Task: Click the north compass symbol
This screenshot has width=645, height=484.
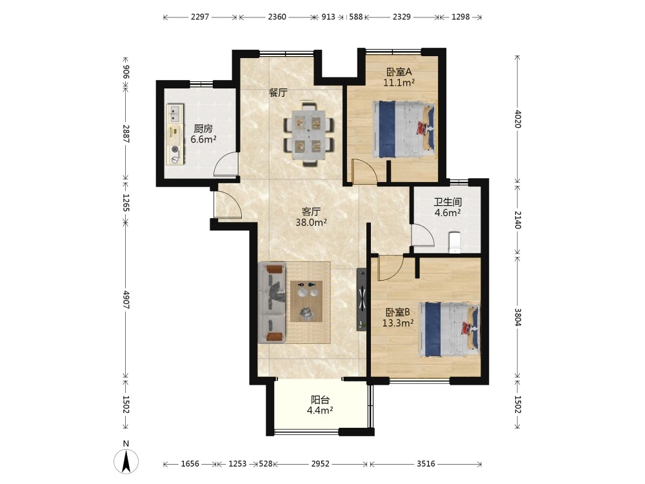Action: pos(126,461)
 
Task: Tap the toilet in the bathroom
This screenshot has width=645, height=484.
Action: pos(454,242)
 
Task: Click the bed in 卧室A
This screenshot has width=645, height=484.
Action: pos(404,130)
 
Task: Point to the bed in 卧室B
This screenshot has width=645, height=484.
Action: pos(449,330)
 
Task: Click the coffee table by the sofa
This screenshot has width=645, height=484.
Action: pos(306,301)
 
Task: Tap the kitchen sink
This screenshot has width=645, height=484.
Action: pos(175,114)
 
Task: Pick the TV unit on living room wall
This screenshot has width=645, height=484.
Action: pos(362,299)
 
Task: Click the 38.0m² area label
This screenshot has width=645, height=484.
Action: pos(312,223)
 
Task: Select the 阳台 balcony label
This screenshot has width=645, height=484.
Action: pos(320,399)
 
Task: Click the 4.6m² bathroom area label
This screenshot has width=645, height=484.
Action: pos(448,213)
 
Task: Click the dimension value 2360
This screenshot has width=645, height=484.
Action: pos(277,17)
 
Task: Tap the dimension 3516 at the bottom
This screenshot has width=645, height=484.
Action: pos(426,464)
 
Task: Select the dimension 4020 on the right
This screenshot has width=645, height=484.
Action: pos(518,119)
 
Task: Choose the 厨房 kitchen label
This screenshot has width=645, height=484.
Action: pos(203,129)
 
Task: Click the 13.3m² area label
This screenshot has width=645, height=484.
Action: pos(398,323)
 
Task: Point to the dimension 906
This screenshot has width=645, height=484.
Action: pos(126,72)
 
